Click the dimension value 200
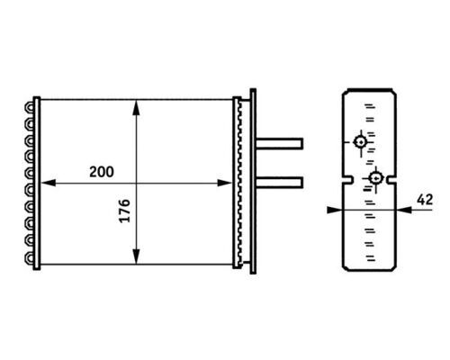pyautogui.click(x=103, y=170)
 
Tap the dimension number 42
pyautogui.click(x=426, y=200)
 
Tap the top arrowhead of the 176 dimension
pyautogui.click(x=136, y=105)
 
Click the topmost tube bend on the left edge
pyautogui.click(x=32, y=105)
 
